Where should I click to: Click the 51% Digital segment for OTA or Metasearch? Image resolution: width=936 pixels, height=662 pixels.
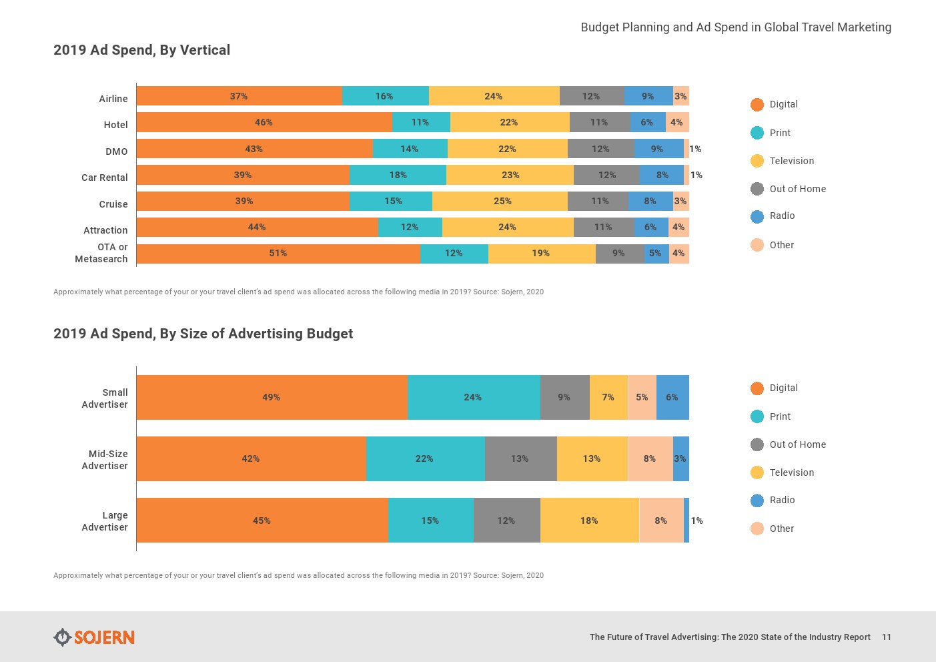pos(278,254)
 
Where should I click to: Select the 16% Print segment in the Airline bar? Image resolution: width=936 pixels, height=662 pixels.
pos(385,96)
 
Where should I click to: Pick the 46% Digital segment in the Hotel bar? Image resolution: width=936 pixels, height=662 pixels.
pos(264,122)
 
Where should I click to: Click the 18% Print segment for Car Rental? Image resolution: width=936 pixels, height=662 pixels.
pos(398,175)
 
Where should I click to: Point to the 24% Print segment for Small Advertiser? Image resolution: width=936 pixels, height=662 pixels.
pos(473,397)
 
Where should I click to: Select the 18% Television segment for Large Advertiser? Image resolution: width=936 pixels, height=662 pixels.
pos(589,521)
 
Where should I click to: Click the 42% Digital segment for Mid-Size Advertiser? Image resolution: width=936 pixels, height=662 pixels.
pos(251,458)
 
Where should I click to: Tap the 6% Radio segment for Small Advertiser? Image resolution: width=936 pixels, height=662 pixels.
pos(672,397)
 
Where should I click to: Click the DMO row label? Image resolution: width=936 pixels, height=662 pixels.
pos(116,151)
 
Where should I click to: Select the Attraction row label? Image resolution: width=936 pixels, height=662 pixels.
pos(105,230)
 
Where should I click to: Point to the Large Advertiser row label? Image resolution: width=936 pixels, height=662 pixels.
pos(105,521)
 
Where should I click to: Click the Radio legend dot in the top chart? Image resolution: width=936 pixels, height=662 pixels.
pos(757,216)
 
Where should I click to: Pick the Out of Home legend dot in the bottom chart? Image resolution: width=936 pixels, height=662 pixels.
pos(757,444)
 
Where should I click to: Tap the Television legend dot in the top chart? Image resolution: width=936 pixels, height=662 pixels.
pos(757,161)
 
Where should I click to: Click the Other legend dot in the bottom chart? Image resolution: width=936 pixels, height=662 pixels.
pos(757,529)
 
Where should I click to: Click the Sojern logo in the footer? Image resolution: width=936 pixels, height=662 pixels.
pos(94,637)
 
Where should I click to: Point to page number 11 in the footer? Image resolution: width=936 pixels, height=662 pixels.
pos(886,637)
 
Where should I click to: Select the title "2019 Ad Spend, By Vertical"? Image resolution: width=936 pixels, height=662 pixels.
pos(141,50)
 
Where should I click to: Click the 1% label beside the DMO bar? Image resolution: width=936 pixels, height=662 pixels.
pos(695,149)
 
